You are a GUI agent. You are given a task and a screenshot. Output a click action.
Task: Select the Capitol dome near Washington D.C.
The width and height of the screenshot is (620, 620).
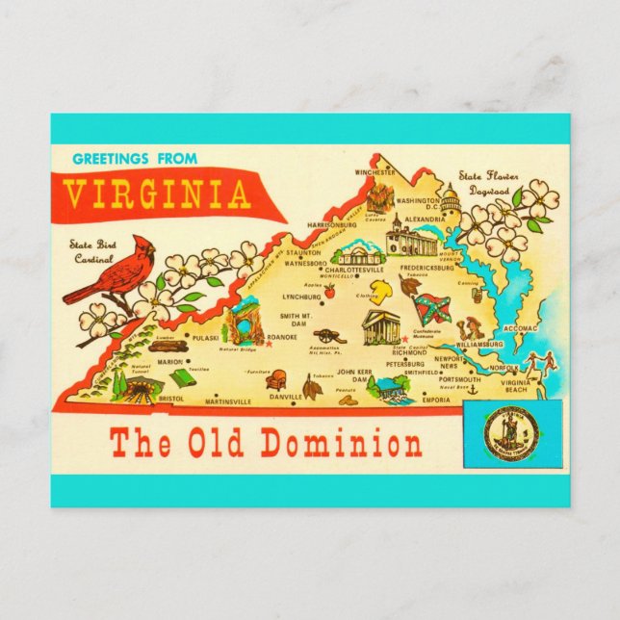(450, 194)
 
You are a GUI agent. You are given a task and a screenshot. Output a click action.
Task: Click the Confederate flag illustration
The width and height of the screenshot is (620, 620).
(430, 308)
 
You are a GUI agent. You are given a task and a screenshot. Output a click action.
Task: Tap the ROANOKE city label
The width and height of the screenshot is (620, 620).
(281, 338)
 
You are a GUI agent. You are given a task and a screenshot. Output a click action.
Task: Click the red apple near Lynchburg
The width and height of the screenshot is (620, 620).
(328, 290)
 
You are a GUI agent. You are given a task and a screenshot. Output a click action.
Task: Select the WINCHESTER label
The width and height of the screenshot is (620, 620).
(375, 172)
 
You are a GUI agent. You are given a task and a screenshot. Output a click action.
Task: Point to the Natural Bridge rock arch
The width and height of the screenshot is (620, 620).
(243, 323)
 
